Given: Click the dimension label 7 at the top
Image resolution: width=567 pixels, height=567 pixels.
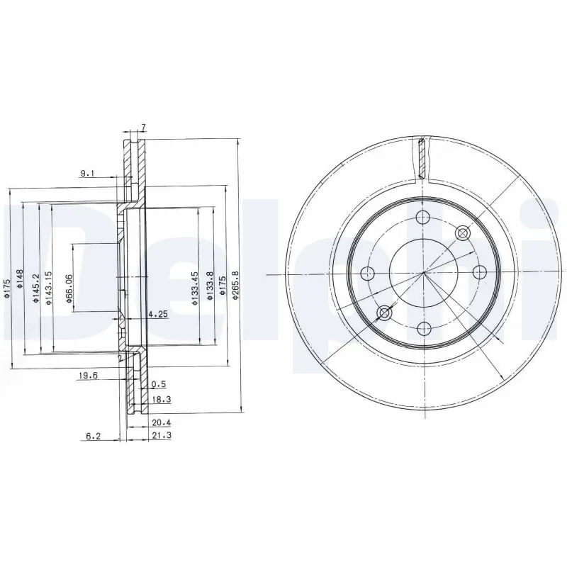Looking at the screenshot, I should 142,128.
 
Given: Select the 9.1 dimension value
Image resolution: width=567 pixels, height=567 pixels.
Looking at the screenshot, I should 86,172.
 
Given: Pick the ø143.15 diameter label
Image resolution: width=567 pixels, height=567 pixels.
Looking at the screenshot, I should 50,287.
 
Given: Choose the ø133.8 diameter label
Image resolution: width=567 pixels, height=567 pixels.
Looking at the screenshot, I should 210,287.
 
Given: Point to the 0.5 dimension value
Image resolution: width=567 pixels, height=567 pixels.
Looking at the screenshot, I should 159,385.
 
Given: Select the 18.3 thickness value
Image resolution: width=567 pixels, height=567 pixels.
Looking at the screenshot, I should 160,400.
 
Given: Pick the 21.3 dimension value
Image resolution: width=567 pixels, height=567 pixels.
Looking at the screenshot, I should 160,436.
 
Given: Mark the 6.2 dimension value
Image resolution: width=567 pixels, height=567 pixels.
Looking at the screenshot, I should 93,436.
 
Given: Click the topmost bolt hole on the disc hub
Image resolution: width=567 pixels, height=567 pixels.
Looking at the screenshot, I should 423,218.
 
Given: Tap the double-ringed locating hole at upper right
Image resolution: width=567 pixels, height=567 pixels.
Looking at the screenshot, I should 463,232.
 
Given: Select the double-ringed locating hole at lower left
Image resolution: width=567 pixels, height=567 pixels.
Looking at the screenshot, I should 384,313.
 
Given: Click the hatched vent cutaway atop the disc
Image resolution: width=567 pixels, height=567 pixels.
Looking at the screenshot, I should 422,158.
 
